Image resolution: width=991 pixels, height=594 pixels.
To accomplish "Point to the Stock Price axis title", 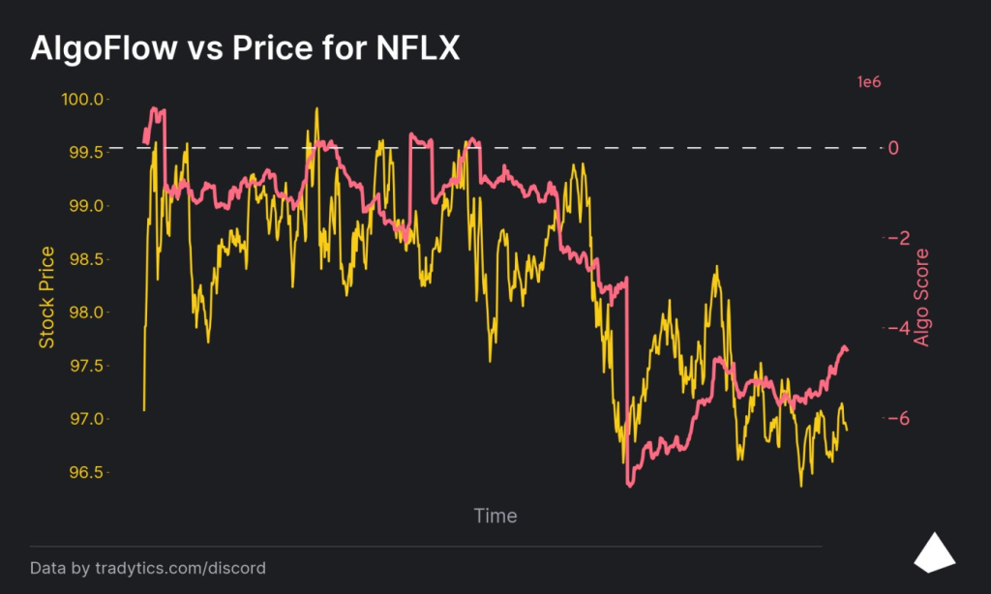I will tap(45, 297).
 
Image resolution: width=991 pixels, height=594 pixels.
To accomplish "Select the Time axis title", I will tap(495, 516).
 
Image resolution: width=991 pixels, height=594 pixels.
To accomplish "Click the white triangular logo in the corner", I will tap(935, 551).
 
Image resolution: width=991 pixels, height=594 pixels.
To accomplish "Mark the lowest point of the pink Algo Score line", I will tap(630, 486).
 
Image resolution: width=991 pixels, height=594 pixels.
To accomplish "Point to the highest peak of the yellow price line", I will tap(315, 108).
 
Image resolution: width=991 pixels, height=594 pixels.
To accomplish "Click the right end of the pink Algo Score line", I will tap(848, 350).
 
